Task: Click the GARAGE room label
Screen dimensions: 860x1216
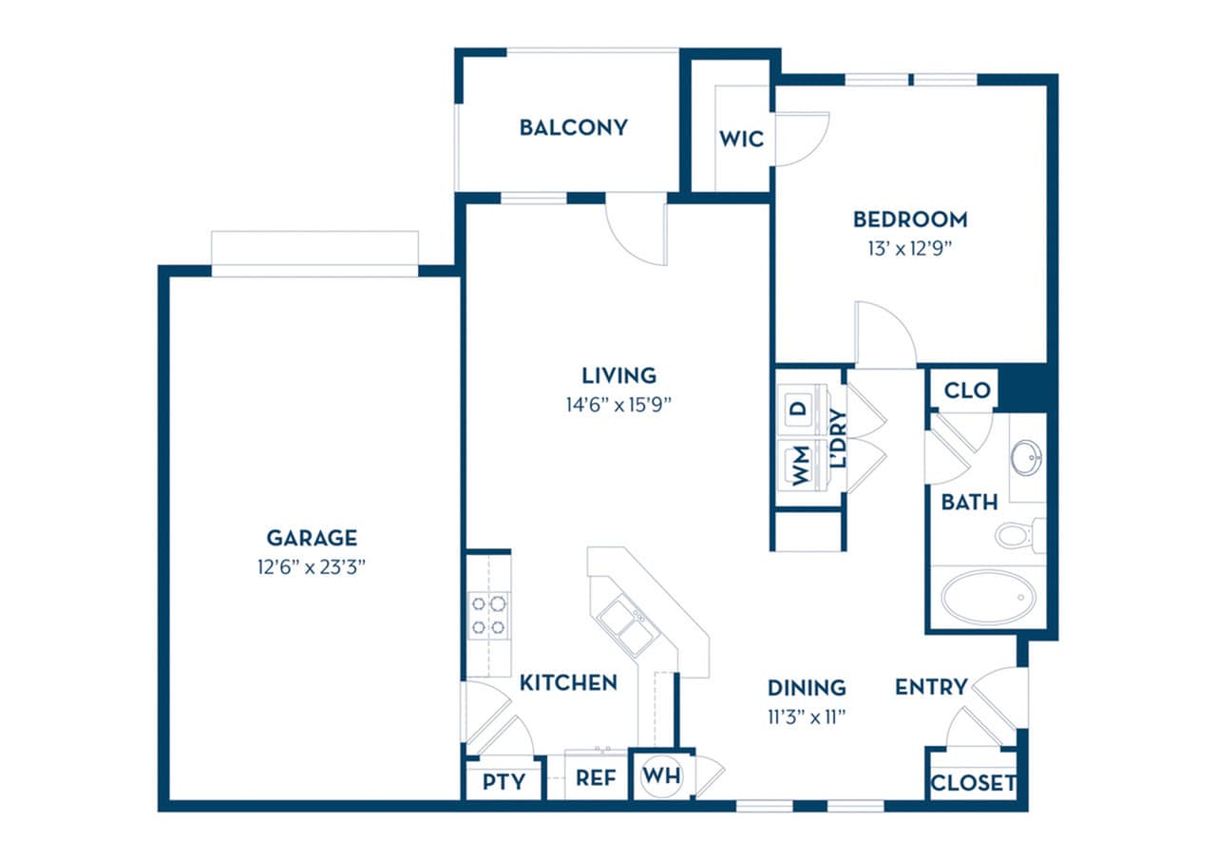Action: pyautogui.click(x=312, y=538)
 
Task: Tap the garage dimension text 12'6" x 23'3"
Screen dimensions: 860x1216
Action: pyautogui.click(x=312, y=568)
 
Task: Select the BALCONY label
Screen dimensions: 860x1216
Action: pyautogui.click(x=573, y=127)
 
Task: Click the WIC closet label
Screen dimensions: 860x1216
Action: pyautogui.click(x=741, y=139)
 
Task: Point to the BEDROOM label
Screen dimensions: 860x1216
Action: pyautogui.click(x=910, y=220)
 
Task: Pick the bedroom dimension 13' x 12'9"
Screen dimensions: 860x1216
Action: pyautogui.click(x=910, y=249)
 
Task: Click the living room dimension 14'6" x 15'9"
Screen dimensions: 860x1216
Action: pyautogui.click(x=619, y=404)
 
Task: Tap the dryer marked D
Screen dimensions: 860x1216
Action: pyautogui.click(x=799, y=410)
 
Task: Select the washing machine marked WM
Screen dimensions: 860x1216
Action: pyautogui.click(x=800, y=466)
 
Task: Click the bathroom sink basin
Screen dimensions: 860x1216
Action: pyautogui.click(x=1025, y=458)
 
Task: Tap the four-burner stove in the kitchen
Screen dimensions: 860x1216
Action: pyautogui.click(x=488, y=614)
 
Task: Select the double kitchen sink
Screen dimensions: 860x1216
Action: pyautogui.click(x=624, y=626)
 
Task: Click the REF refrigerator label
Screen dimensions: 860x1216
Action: pyautogui.click(x=596, y=779)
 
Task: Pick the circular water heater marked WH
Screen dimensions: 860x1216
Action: pyautogui.click(x=661, y=775)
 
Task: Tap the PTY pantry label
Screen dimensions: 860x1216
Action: pyautogui.click(x=503, y=782)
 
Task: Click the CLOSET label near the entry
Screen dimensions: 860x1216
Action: pyautogui.click(x=972, y=784)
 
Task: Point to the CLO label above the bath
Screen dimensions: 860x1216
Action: pyautogui.click(x=967, y=391)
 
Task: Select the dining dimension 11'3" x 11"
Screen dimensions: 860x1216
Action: pyautogui.click(x=806, y=716)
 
